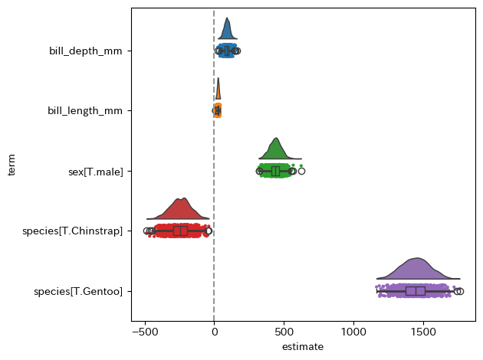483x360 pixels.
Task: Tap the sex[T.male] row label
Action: coord(95,171)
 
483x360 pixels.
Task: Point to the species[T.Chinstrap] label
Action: coord(73,231)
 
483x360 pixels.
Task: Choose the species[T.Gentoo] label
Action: coord(78,291)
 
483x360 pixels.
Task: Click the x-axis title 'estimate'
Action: coord(303,347)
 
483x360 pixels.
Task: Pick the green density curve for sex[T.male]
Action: coord(276,150)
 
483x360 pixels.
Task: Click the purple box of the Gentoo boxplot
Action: coord(416,291)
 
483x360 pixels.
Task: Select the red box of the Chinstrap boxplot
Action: coord(180,231)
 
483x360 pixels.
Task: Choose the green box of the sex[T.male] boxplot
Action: coord(276,171)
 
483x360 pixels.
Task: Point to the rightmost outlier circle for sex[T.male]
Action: coord(301,171)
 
